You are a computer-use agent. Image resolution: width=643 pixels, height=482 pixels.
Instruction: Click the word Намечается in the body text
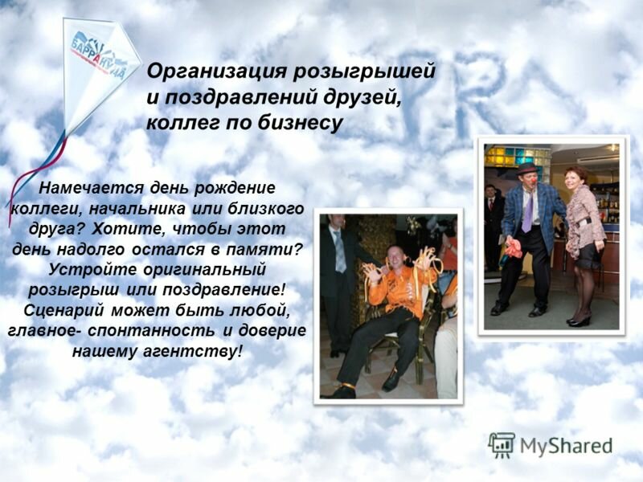pyautogui.click(x=91, y=188)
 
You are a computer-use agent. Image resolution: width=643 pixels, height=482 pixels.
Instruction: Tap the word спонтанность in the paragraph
pyautogui.click(x=151, y=330)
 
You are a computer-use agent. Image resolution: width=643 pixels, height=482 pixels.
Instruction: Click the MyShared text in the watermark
pyautogui.click(x=566, y=446)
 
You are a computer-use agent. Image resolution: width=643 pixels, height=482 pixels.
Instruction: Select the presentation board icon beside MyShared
pyautogui.click(x=502, y=445)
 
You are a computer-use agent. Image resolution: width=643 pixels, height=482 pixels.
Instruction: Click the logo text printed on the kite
pyautogui.click(x=99, y=56)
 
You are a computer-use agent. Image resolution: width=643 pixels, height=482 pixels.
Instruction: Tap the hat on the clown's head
pyautogui.click(x=526, y=169)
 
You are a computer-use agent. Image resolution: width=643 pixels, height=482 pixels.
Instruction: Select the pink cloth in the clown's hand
pyautogui.click(x=514, y=248)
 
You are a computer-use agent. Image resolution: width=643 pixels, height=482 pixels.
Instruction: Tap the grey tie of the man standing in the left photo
pyautogui.click(x=340, y=253)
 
